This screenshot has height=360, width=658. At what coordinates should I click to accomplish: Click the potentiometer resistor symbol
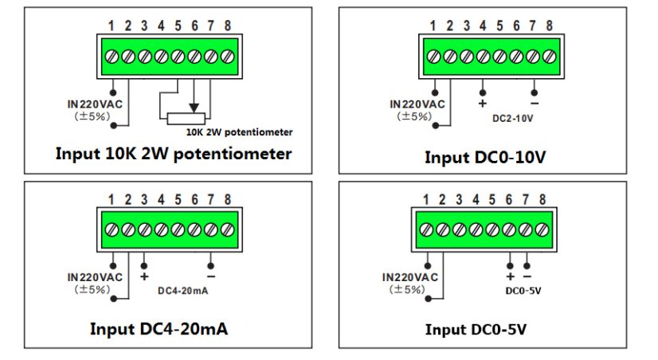pyautogui.click(x=192, y=119)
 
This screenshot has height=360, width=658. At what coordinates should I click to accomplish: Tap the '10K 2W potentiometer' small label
pyautogui.click(x=239, y=131)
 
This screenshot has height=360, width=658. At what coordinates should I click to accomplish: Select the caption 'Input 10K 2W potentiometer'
pyautogui.click(x=173, y=153)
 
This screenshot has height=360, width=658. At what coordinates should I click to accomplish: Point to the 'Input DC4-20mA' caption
pyautogui.click(x=159, y=328)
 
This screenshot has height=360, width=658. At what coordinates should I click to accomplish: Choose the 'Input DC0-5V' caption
pyautogui.click(x=476, y=329)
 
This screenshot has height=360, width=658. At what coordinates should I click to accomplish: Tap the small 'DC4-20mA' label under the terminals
pyautogui.click(x=182, y=292)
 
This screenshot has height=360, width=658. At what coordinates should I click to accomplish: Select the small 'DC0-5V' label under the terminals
pyautogui.click(x=523, y=290)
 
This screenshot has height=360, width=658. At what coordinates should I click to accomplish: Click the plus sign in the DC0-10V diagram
pyautogui.click(x=482, y=103)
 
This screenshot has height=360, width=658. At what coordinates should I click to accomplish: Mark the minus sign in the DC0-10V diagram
pyautogui.click(x=534, y=103)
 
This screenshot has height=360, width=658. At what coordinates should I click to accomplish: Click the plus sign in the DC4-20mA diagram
pyautogui.click(x=144, y=276)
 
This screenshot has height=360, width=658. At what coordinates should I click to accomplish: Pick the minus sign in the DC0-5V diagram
pyautogui.click(x=527, y=276)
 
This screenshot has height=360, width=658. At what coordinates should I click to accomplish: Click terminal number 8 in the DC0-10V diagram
pyautogui.click(x=550, y=25)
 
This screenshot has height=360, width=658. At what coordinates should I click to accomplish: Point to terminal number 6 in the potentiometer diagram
pyautogui.click(x=194, y=25)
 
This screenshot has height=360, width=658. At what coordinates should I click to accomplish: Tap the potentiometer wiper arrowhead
pyautogui.click(x=192, y=108)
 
